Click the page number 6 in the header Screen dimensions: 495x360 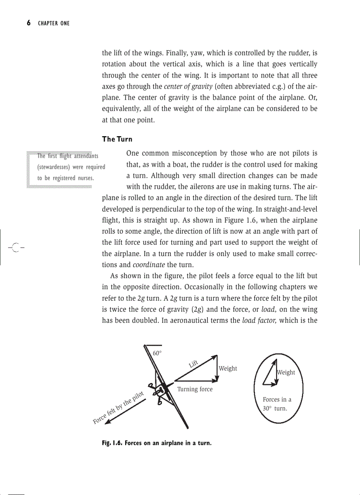tap(29, 23)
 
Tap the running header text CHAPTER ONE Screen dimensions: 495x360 tap(54, 23)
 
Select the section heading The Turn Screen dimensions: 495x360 tap(117, 139)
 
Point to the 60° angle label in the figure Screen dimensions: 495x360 tap(157, 353)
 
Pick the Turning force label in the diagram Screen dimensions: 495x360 tap(195, 389)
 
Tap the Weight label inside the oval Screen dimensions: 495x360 tap(286, 372)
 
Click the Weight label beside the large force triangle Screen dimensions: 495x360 tap(228, 368)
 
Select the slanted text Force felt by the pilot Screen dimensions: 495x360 tap(119, 408)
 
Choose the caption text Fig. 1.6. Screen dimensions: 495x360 tap(112, 443)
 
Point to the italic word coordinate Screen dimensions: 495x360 tap(149, 265)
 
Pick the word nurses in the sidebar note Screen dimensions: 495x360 tap(85, 178)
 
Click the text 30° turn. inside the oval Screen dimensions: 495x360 tap(272, 409)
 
